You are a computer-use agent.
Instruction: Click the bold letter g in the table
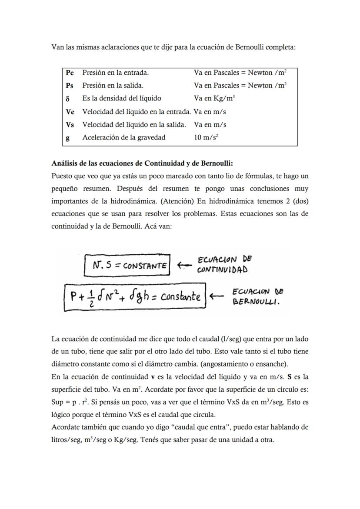(x=67, y=138)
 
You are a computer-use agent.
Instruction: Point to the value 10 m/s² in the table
(x=206, y=138)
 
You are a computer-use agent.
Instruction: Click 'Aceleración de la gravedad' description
(x=124, y=138)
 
